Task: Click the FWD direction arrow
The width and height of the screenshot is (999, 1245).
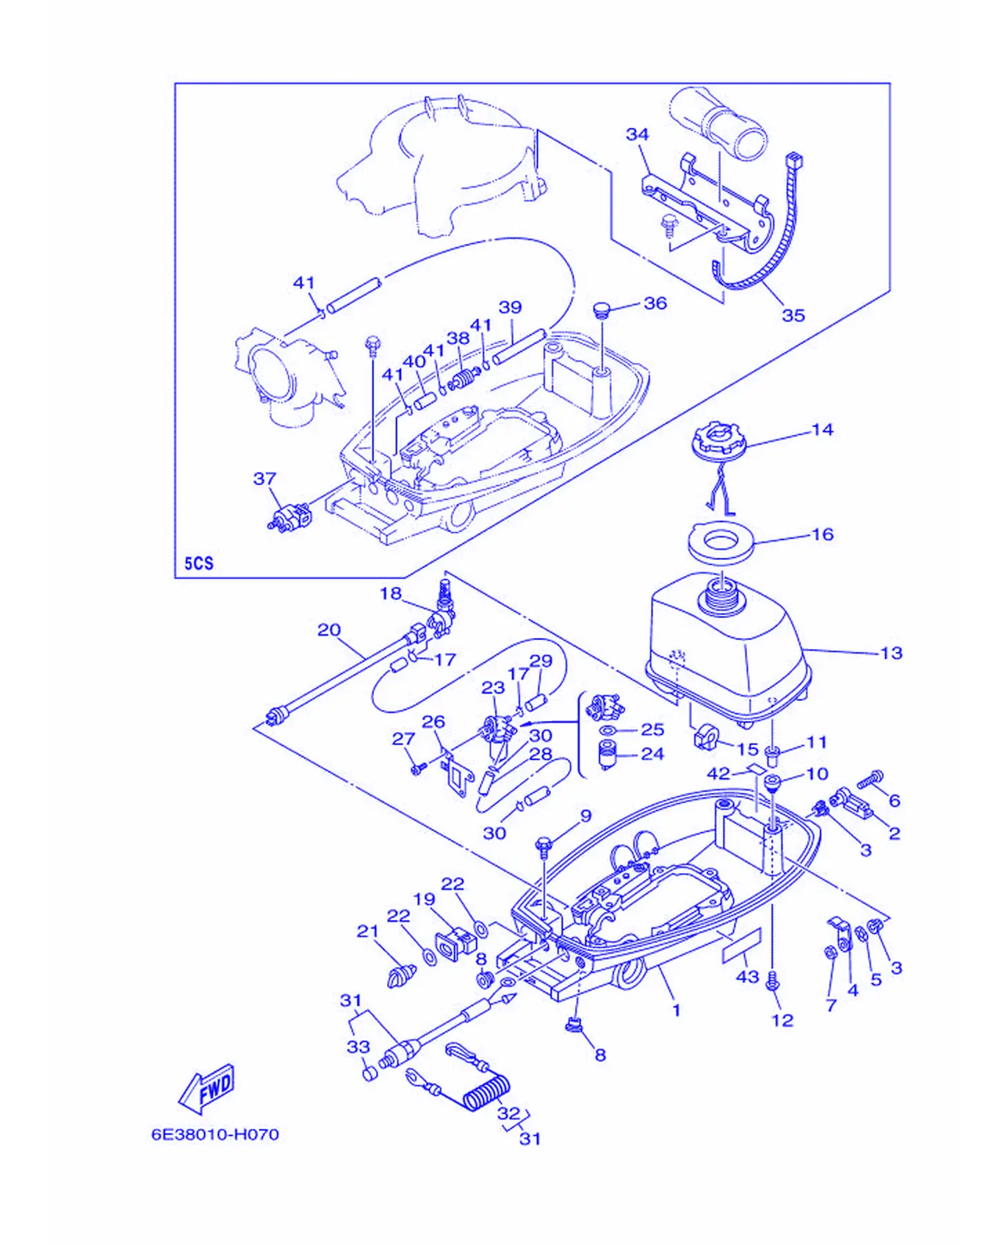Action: click(x=208, y=1088)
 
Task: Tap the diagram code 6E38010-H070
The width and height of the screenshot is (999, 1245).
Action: click(x=215, y=1134)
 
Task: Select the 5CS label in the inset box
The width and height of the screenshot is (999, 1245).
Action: click(x=198, y=563)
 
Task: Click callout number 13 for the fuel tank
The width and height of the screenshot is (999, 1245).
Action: click(x=891, y=653)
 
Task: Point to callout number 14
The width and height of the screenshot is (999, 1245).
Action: click(x=823, y=429)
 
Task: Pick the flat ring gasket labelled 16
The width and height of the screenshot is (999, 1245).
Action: click(x=721, y=543)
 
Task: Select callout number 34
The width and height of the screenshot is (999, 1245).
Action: click(x=637, y=134)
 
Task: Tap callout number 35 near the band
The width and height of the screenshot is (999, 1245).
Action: click(x=793, y=315)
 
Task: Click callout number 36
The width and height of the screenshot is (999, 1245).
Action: click(x=655, y=303)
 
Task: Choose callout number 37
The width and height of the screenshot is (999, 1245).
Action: click(x=264, y=478)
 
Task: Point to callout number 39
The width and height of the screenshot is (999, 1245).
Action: click(x=510, y=307)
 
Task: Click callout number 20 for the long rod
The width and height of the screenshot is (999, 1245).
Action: click(x=329, y=630)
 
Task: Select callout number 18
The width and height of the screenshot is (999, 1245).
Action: click(x=391, y=593)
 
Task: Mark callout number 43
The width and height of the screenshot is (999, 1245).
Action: click(x=747, y=977)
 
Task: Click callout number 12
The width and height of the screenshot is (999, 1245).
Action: click(x=782, y=1020)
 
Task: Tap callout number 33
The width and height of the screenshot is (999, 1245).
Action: click(x=358, y=1047)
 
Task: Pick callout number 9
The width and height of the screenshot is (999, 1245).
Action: click(x=585, y=816)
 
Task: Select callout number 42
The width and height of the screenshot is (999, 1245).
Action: click(x=718, y=773)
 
